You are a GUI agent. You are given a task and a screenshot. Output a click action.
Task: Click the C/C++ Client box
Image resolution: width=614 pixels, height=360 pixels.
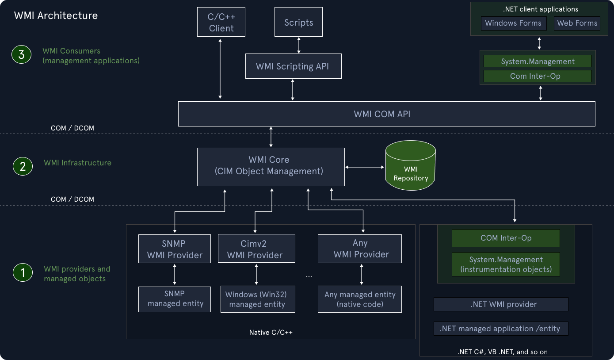tap(221, 23)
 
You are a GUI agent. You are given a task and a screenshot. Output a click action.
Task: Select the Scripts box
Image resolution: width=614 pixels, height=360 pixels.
tap(298, 23)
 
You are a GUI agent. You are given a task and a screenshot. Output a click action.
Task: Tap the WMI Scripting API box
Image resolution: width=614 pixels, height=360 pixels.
tap(293, 66)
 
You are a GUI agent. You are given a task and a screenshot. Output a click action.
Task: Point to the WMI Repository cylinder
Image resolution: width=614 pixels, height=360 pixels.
tap(410, 167)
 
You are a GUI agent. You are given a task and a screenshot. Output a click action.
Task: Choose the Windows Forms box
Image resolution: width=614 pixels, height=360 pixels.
tap(513, 23)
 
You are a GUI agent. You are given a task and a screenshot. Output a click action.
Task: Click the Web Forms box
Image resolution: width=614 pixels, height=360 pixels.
tap(577, 23)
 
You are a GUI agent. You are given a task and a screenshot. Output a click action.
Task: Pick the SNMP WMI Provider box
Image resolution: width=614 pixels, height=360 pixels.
tap(175, 249)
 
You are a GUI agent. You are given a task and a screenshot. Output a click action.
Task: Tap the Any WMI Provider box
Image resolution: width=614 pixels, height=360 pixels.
tap(360, 249)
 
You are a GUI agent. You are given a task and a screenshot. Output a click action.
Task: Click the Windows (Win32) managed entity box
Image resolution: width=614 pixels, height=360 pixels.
tap(257, 299)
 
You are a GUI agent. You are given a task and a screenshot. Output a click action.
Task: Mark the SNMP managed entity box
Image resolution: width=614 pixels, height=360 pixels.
tap(175, 299)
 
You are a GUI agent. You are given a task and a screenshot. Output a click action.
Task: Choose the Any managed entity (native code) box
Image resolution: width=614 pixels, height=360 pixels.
tap(360, 299)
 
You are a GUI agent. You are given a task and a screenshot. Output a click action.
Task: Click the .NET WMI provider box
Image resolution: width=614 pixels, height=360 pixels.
tap(501, 304)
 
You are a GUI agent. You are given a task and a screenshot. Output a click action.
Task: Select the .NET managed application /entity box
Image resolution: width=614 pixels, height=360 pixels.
tap(501, 329)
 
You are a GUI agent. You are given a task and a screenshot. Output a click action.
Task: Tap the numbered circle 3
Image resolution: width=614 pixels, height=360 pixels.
tap(21, 55)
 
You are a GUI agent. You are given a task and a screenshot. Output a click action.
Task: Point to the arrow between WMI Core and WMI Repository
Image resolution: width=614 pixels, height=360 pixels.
tap(365, 167)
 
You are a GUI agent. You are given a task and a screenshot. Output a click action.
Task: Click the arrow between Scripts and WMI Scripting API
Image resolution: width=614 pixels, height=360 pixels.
tap(299, 45)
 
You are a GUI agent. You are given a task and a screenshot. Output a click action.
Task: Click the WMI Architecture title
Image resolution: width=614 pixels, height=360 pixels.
tap(56, 16)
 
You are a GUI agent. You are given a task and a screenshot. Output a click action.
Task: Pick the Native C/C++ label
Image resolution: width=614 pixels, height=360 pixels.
tap(271, 333)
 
